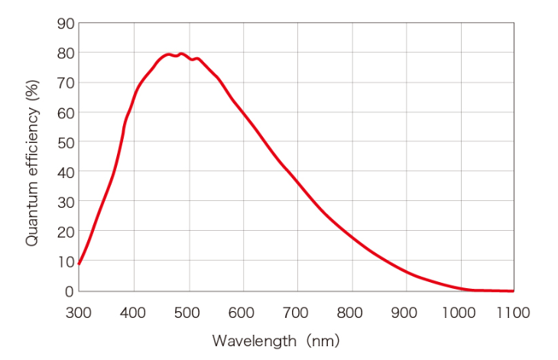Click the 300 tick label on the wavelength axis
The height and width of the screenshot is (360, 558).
coord(79,312)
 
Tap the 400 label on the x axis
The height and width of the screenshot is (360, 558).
coord(134,312)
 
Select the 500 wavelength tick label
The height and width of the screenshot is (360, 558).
coord(188,312)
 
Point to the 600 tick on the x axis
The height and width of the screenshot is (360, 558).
coord(243,312)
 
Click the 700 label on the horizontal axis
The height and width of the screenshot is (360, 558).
coord(297,312)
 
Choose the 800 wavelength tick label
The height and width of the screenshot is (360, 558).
coord(352,312)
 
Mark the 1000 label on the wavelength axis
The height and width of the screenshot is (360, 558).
coord(460,312)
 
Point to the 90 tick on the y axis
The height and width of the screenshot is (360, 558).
coord(65,24)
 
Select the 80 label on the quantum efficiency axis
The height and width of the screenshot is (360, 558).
coord(65,54)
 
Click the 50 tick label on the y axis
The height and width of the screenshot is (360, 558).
coord(65,142)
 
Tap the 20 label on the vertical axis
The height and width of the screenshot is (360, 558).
coord(65,232)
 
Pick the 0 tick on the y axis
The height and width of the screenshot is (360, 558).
coord(69,291)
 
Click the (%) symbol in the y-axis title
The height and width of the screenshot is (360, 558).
coord(32,93)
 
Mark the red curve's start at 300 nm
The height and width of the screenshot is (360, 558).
coord(79,264)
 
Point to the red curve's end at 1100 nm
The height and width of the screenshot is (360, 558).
coord(513,290)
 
